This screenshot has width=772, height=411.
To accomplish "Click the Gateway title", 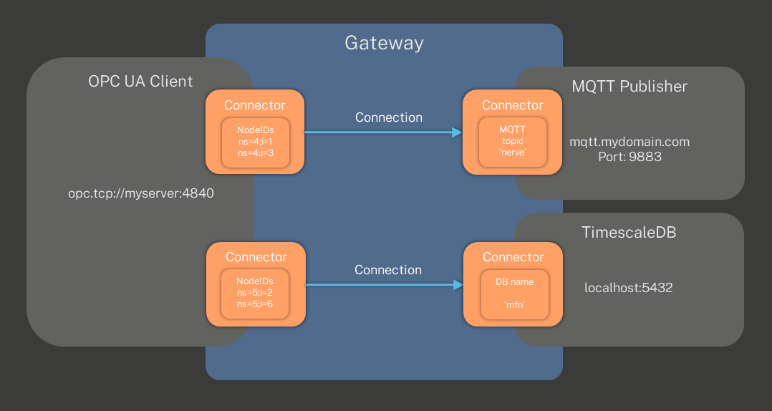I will (384, 43).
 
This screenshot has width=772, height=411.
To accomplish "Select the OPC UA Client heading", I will (140, 81).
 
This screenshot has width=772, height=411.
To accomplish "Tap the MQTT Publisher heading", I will (629, 87).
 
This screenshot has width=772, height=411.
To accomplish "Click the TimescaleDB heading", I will (629, 233).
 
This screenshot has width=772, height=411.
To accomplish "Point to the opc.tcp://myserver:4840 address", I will (141, 193).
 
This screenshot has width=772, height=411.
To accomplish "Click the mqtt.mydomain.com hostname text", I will (629, 142).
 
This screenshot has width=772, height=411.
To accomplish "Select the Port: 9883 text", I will (629, 155).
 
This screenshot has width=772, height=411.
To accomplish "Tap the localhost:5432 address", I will (628, 288).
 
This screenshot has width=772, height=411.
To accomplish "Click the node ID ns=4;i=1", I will (255, 142).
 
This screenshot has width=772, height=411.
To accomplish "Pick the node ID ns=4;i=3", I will (255, 153).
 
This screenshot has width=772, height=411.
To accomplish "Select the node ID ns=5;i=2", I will (255, 294).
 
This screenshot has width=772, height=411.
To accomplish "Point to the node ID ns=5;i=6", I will (255, 305).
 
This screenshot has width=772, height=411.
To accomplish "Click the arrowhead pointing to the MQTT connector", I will (457, 132).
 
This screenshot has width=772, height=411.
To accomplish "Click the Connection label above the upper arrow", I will (388, 117).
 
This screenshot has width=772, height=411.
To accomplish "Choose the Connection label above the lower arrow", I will (388, 270).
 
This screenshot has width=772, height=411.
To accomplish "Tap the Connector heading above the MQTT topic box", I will (512, 105).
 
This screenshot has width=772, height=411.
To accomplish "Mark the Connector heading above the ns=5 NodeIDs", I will (256, 257).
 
